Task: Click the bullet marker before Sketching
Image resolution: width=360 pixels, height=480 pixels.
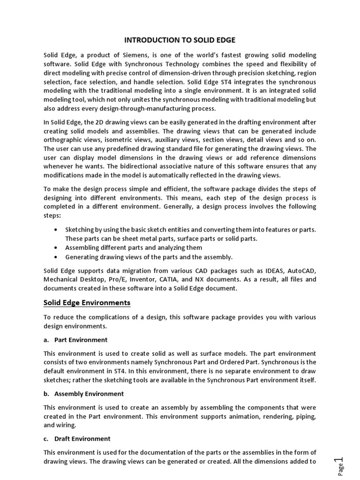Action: click(x=57, y=230)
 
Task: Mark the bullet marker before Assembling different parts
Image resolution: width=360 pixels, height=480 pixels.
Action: click(x=57, y=247)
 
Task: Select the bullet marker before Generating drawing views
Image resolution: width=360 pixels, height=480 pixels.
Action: click(x=57, y=257)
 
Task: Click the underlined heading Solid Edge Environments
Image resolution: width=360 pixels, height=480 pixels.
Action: click(x=87, y=303)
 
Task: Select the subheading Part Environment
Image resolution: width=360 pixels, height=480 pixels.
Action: click(x=81, y=339)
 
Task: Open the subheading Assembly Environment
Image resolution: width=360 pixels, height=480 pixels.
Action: click(x=89, y=394)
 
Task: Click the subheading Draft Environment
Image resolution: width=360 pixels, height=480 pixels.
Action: click(x=82, y=439)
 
